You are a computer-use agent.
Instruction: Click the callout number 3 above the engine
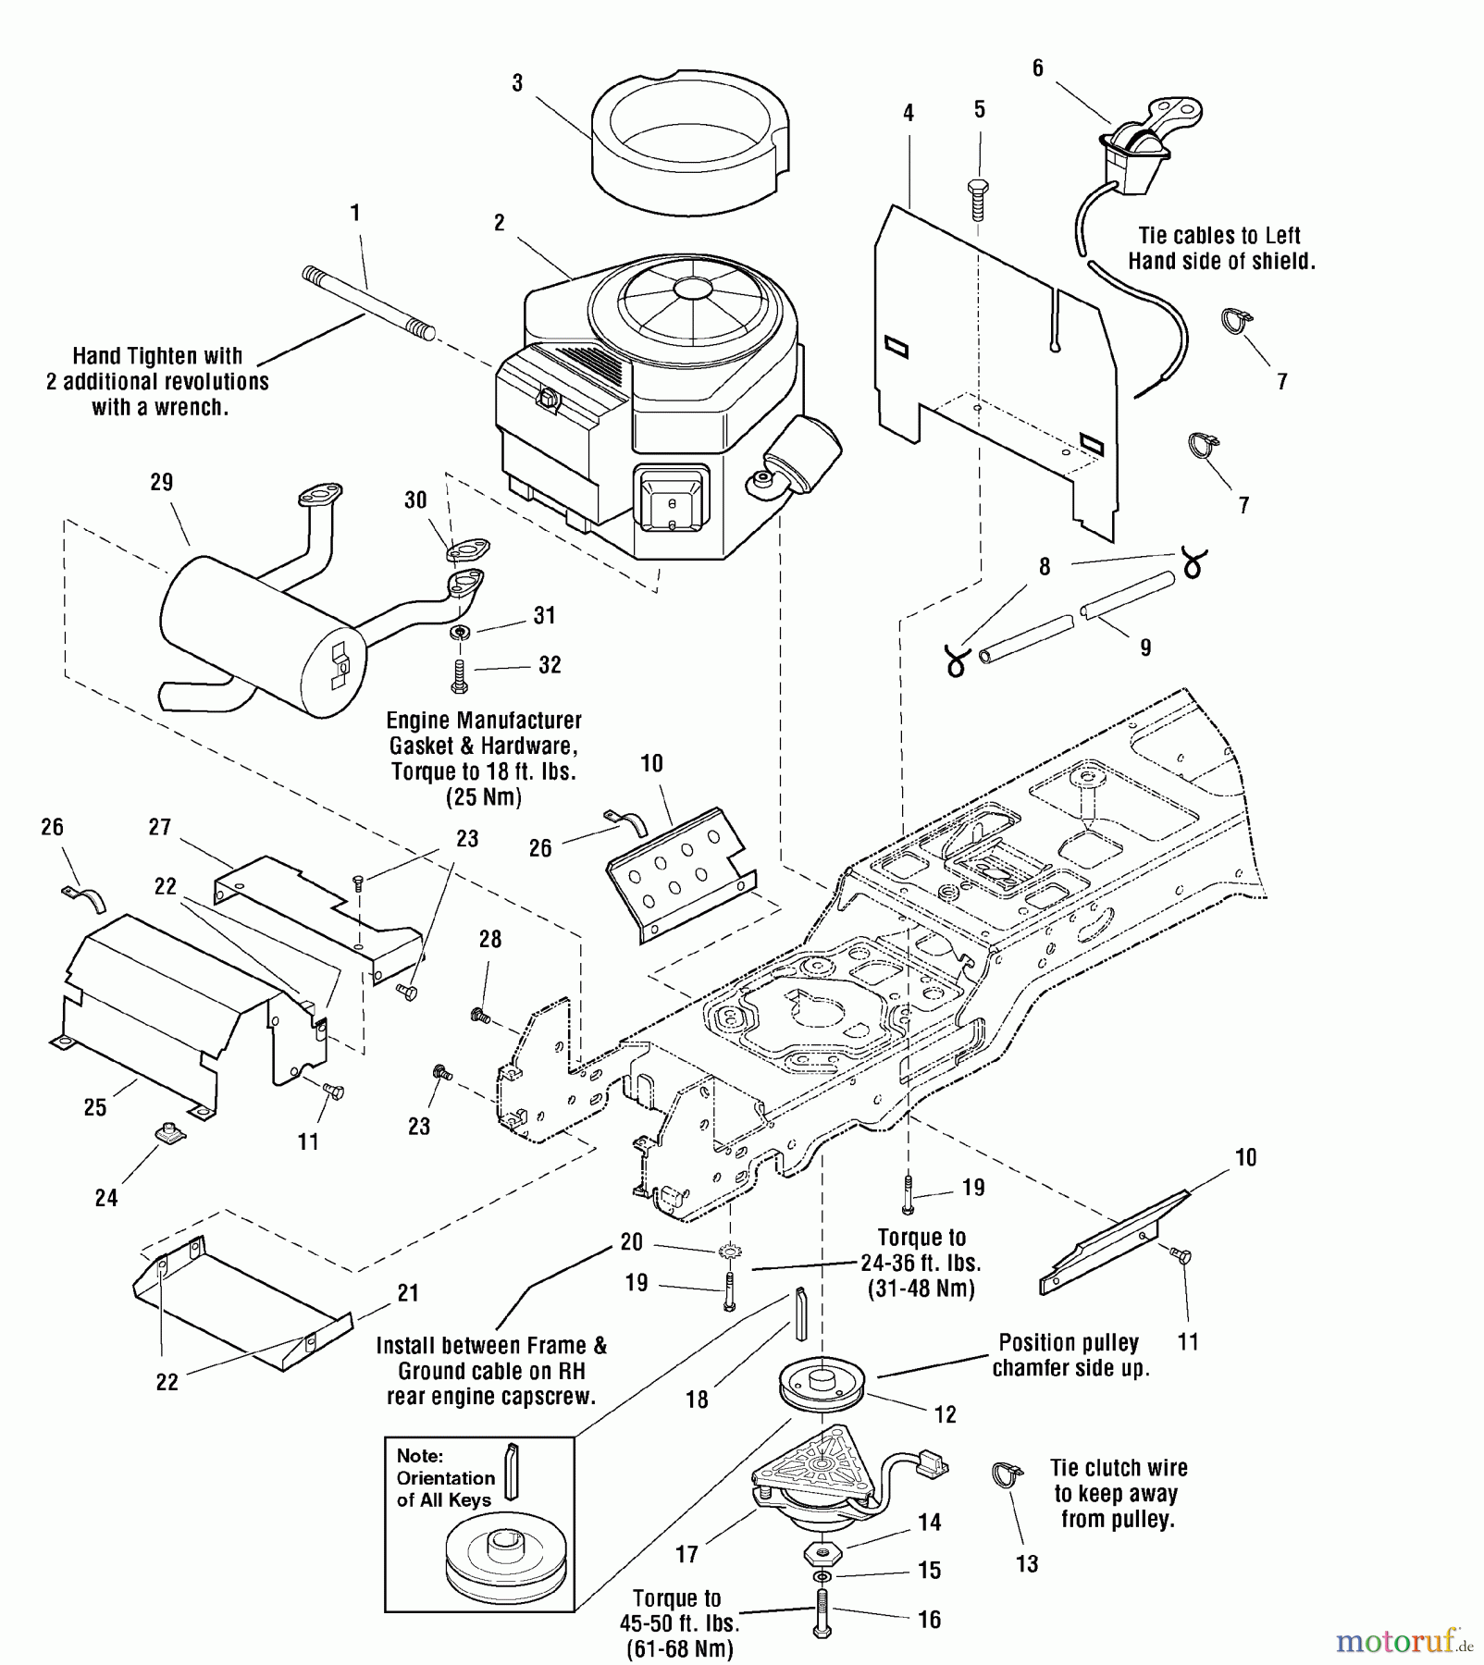[x=517, y=83]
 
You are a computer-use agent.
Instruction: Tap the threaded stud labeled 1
[x=368, y=302]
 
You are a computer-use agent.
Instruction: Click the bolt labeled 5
[x=978, y=198]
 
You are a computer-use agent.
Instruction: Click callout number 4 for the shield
[x=909, y=113]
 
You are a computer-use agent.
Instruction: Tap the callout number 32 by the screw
[x=550, y=665]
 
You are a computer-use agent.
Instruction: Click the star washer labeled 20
[x=731, y=1252]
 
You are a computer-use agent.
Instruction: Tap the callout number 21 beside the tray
[x=408, y=1293]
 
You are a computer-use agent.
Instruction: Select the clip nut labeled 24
[x=169, y=1132]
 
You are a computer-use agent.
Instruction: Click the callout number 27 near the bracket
[x=160, y=827]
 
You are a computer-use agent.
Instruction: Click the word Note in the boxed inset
[x=419, y=1456]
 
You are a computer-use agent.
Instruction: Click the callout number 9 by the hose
[x=1145, y=647]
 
